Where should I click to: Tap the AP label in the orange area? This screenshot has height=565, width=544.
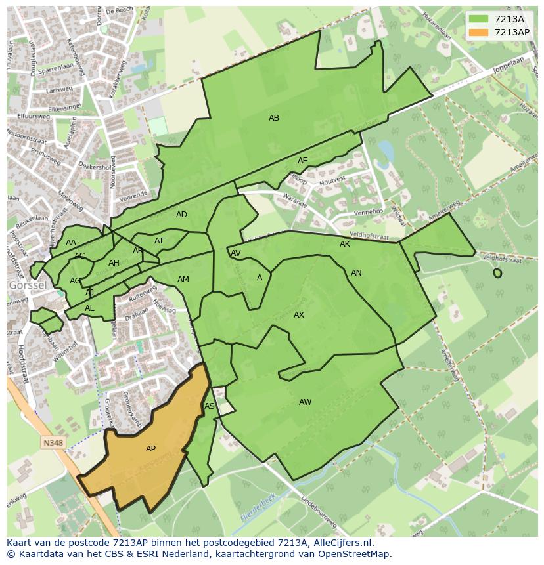150,449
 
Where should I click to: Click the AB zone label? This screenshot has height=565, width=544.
274,118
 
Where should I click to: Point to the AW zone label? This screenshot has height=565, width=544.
305,402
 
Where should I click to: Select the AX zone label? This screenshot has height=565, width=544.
299,315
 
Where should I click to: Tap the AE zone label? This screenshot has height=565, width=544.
302,161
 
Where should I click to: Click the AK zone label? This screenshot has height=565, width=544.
345,244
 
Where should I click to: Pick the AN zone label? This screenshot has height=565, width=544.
356,273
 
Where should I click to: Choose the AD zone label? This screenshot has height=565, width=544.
181,215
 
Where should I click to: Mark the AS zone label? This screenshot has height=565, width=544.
210,406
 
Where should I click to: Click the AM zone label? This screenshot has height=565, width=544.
183,280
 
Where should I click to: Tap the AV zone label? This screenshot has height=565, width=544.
236,253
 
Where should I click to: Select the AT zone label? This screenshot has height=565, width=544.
159,241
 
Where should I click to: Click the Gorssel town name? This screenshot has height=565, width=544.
27,286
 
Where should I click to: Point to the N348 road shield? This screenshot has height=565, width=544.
53,443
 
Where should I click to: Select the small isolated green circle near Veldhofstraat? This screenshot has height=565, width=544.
497,273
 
